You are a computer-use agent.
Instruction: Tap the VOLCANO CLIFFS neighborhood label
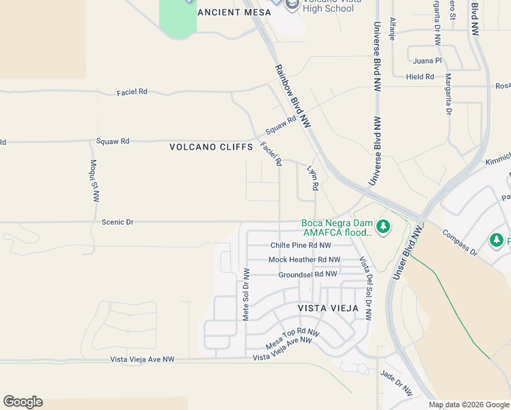(x=212, y=147)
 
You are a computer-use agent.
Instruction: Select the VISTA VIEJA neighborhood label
(x=329, y=308)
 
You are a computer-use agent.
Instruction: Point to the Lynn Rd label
(x=313, y=178)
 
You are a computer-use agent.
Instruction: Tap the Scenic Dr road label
(x=118, y=222)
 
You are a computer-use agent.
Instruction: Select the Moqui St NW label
(x=94, y=181)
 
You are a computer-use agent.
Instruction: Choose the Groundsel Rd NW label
(x=307, y=274)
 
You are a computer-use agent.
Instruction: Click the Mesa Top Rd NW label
(x=292, y=339)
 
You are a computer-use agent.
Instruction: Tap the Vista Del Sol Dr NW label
(x=365, y=288)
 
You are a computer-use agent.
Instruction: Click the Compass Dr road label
(x=459, y=242)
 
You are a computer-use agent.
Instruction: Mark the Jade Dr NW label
(x=396, y=383)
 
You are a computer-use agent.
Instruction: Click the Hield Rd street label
(x=419, y=77)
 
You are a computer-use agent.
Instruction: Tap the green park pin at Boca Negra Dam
(x=383, y=226)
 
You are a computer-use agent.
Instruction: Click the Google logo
(x=23, y=402)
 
